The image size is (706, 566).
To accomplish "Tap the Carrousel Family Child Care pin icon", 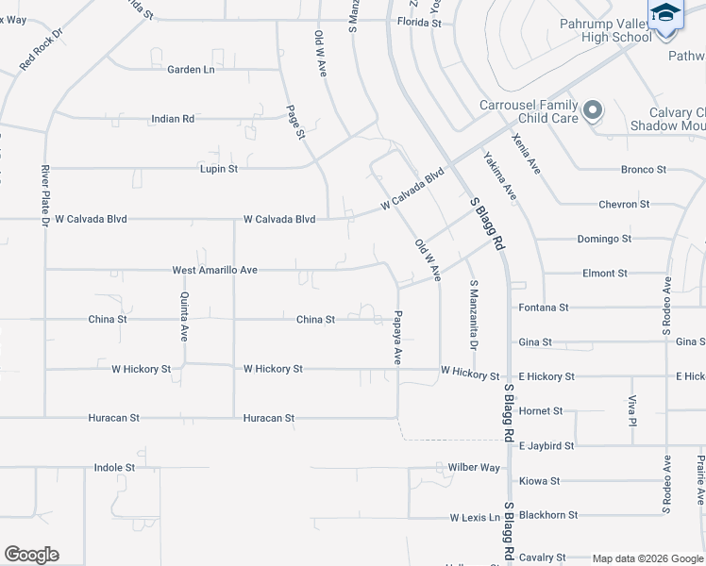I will coord(593,111).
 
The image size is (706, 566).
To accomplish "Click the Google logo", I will coord(31,555).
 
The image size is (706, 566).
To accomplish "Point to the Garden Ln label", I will coord(191,70).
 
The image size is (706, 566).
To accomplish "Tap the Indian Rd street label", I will coord(173,120).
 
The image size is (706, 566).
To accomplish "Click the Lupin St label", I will coord(218,169).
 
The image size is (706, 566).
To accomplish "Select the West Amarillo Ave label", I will coord(215,270).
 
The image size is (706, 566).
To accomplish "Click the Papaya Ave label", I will coord(398,337).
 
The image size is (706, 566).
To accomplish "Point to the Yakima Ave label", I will coord(500,175).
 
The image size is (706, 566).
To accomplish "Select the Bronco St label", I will coord(644,170).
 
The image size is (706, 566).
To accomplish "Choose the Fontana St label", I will coord(544,308).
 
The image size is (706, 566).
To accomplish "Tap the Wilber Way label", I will coord(474,468).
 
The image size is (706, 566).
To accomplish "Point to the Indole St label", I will coord(115,467).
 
